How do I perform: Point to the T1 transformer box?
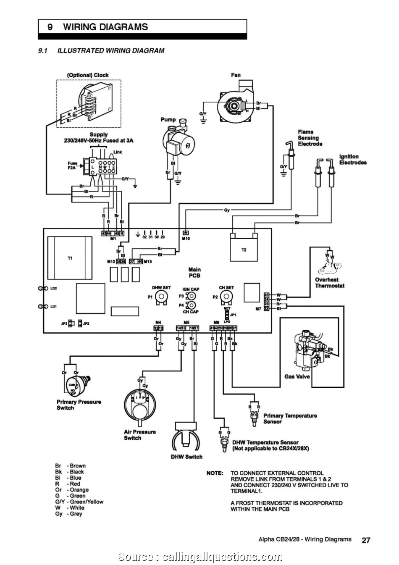pos(70,258)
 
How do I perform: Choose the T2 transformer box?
pos(244,250)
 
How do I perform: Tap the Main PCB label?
pos(194,273)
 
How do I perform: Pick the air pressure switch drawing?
pos(140,403)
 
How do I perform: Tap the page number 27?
pos(366,540)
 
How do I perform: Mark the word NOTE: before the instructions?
pos(215,473)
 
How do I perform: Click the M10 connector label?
pos(186,239)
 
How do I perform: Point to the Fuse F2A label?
pos(73,165)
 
